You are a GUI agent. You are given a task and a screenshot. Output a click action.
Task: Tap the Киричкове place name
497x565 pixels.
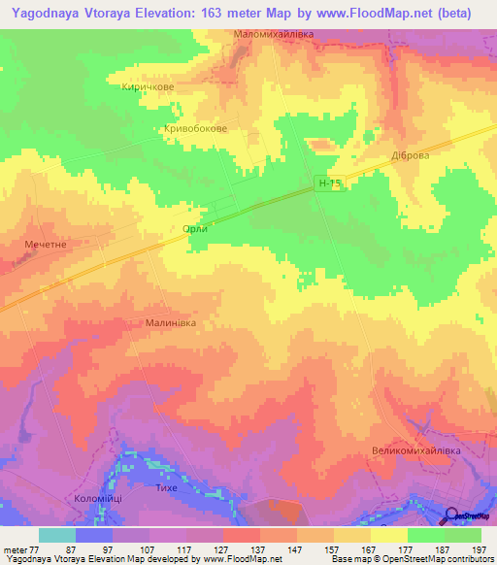pos(147,86)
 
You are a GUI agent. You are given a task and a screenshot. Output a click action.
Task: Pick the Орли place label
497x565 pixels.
pos(195,229)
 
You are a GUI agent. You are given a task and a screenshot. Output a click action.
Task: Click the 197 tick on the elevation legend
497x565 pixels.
pos(481,549)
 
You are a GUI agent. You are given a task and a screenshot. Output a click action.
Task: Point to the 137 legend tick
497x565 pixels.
pos(258,549)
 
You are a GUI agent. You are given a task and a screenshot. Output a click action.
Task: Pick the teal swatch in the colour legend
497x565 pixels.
pos(56,535)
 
